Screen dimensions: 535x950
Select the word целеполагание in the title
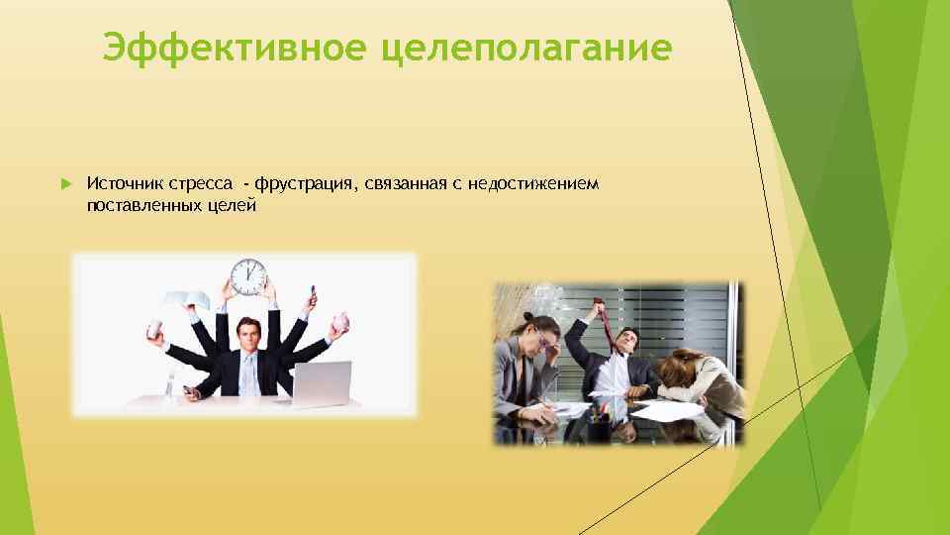tap(525, 48)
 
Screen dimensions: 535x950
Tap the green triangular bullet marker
tap(65, 185)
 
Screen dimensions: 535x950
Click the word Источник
tap(125, 184)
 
